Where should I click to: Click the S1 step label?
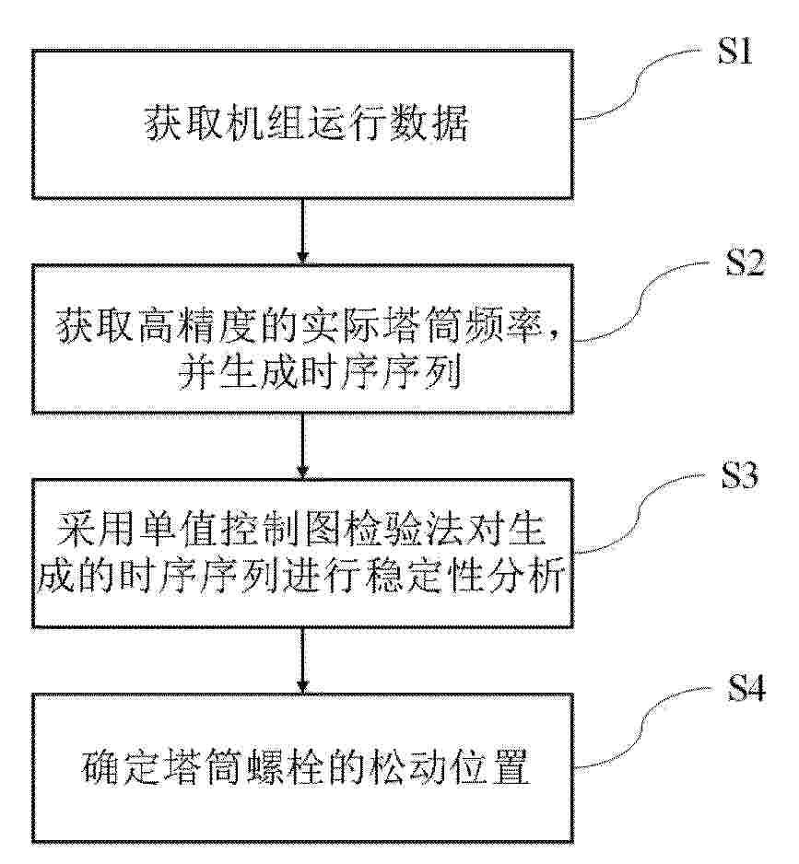pyautogui.click(x=735, y=52)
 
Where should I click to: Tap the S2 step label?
pyautogui.click(x=745, y=263)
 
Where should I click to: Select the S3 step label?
pyautogui.click(x=740, y=475)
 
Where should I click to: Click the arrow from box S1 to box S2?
pyautogui.click(x=302, y=231)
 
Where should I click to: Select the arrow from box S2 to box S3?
pyautogui.click(x=302, y=446)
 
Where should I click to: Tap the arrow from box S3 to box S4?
pyautogui.click(x=302, y=660)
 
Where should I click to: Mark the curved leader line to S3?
pyautogui.click(x=640, y=512)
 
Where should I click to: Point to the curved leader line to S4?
pyautogui.click(x=642, y=728)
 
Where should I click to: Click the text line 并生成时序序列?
pyautogui.click(x=320, y=372)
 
